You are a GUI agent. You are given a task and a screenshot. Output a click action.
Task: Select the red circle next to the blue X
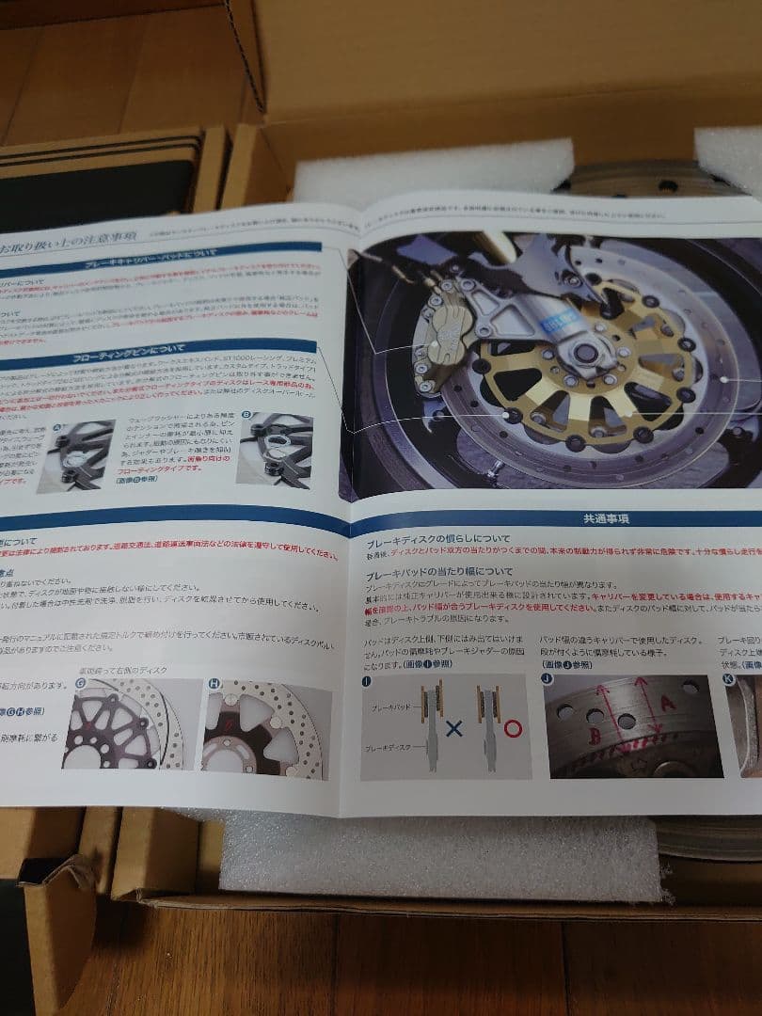click(513, 727)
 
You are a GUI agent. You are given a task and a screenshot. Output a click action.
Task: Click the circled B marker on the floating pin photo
click(246, 413)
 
